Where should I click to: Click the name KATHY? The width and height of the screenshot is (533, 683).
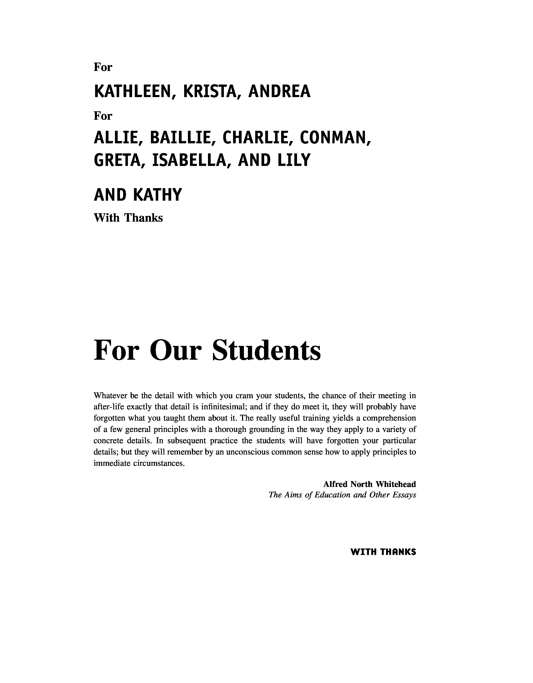(157, 195)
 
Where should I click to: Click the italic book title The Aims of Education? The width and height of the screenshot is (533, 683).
(312, 495)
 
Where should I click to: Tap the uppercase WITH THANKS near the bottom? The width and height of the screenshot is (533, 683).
(383, 552)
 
